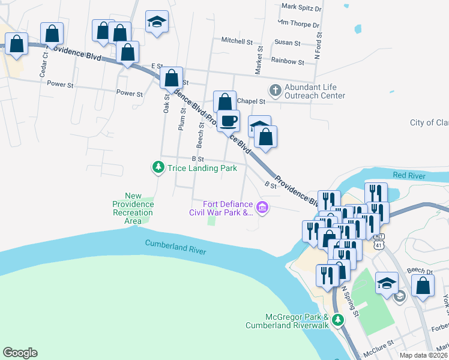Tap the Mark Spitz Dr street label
click(301, 9)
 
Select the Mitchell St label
click(237, 41)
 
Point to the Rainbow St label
click(288, 61)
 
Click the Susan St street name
click(287, 43)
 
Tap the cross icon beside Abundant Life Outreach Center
click(275, 91)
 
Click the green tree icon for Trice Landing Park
click(158, 167)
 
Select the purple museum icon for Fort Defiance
click(262, 208)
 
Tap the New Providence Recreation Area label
click(133, 208)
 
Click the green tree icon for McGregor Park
click(338, 320)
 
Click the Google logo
click(20, 353)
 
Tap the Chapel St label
click(251, 101)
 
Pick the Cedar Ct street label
click(44, 62)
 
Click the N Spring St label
click(350, 301)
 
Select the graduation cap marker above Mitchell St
click(157, 22)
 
